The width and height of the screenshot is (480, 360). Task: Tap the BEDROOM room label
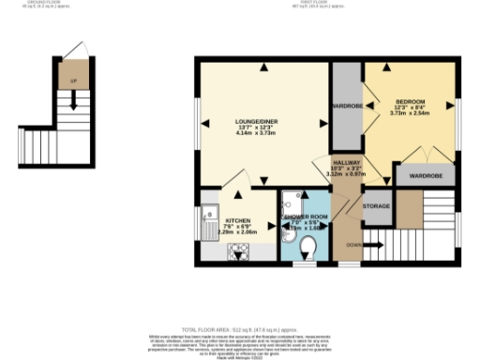click(410, 101)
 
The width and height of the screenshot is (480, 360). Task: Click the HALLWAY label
click(344, 161)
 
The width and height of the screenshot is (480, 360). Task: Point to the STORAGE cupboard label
click(377, 205)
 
